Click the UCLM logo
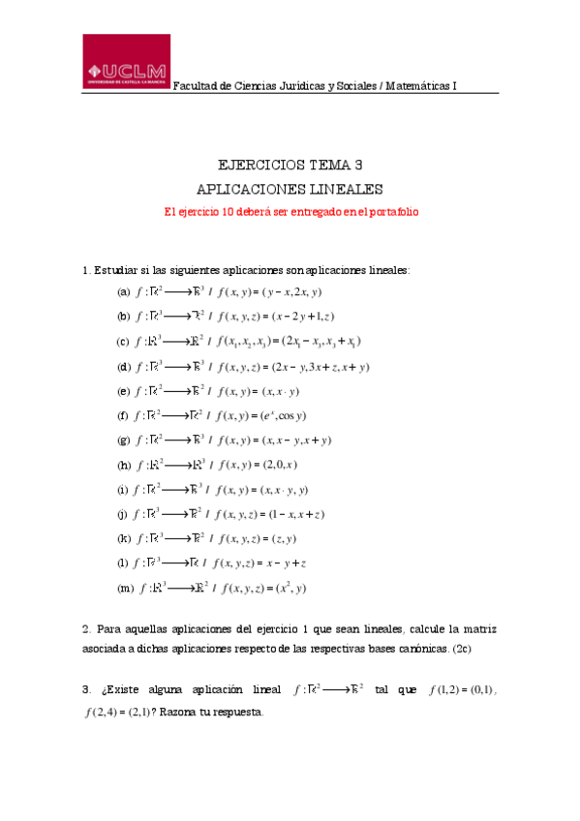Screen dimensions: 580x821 126,63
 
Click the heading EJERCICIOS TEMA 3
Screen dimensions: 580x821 290,165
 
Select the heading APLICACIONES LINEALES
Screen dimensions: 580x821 290,188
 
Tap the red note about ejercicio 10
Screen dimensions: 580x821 290,210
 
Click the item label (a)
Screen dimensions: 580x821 123,291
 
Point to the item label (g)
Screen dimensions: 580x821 123,440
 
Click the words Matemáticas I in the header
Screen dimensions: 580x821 420,85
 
